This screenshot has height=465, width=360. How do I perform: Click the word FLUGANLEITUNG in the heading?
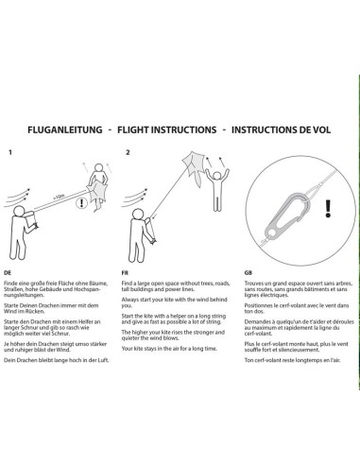click(65, 129)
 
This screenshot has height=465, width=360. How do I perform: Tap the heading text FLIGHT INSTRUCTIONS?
click(167, 129)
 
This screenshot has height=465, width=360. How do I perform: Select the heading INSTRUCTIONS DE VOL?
click(281, 129)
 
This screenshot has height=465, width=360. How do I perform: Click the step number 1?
click(10, 152)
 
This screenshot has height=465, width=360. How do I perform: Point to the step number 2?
click(128, 152)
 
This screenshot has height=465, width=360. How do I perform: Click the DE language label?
click(8, 272)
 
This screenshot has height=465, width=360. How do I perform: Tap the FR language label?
click(125, 272)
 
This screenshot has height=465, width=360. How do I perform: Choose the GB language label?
click(249, 272)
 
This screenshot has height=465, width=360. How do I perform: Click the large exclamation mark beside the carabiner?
click(328, 209)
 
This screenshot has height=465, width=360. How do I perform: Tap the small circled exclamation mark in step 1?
click(81, 202)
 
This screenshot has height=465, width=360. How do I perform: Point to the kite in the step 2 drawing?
click(193, 167)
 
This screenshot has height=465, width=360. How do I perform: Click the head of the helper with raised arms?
click(217, 175)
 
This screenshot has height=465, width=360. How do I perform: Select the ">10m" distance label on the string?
click(59, 197)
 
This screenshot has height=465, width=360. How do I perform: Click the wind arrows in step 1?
click(17, 198)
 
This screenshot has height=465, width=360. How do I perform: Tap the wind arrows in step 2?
click(134, 198)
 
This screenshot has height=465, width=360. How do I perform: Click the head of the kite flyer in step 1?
click(19, 212)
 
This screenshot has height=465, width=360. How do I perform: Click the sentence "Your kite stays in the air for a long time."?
click(169, 349)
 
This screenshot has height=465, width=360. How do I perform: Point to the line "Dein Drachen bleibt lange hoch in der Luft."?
click(57, 360)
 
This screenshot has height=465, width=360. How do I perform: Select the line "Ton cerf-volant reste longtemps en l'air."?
click(292, 360)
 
